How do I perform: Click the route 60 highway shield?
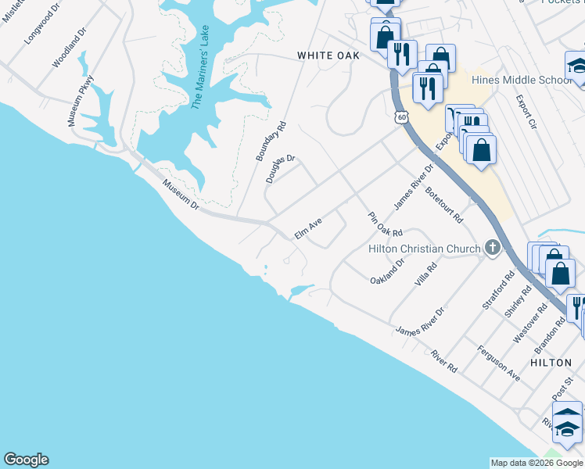401,117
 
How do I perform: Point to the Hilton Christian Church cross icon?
492,248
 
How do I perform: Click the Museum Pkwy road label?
81,101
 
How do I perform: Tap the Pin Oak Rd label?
385,223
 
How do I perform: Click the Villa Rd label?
426,274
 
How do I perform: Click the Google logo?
26,460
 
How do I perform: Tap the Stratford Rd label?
498,291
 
